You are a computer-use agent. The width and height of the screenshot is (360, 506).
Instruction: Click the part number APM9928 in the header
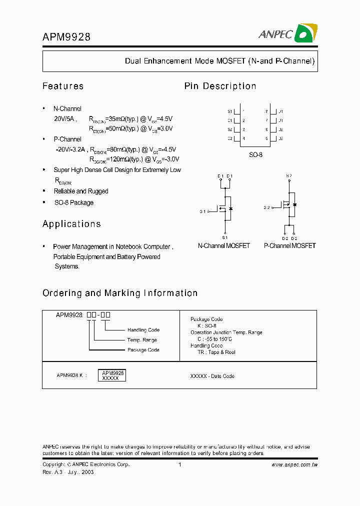66,36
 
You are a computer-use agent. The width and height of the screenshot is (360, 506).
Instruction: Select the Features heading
63,86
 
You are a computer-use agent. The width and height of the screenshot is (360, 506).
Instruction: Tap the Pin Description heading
220,86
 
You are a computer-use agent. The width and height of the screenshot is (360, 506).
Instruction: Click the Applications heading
71,224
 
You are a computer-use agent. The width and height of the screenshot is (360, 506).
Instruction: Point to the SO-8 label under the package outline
255,155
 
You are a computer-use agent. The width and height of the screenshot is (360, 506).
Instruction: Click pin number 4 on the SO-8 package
243,138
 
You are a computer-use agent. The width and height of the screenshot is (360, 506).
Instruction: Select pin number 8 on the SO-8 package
267,111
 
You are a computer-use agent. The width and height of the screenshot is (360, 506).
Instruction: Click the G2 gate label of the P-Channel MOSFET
267,207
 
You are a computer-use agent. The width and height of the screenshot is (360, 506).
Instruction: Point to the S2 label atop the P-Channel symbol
288,175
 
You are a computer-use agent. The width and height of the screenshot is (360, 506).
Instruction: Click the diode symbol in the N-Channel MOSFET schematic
230,208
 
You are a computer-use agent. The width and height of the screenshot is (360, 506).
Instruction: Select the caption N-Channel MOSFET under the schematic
224,246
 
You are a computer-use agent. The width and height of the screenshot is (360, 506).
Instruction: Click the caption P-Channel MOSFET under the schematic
290,246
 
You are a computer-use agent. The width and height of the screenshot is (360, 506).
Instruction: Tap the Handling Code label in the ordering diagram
143,330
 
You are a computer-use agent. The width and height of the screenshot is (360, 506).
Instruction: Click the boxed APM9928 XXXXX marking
113,375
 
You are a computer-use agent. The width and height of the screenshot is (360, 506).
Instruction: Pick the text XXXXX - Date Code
212,376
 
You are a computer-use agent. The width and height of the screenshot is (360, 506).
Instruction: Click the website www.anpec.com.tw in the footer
294,465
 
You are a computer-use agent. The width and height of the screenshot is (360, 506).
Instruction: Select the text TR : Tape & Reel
216,352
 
